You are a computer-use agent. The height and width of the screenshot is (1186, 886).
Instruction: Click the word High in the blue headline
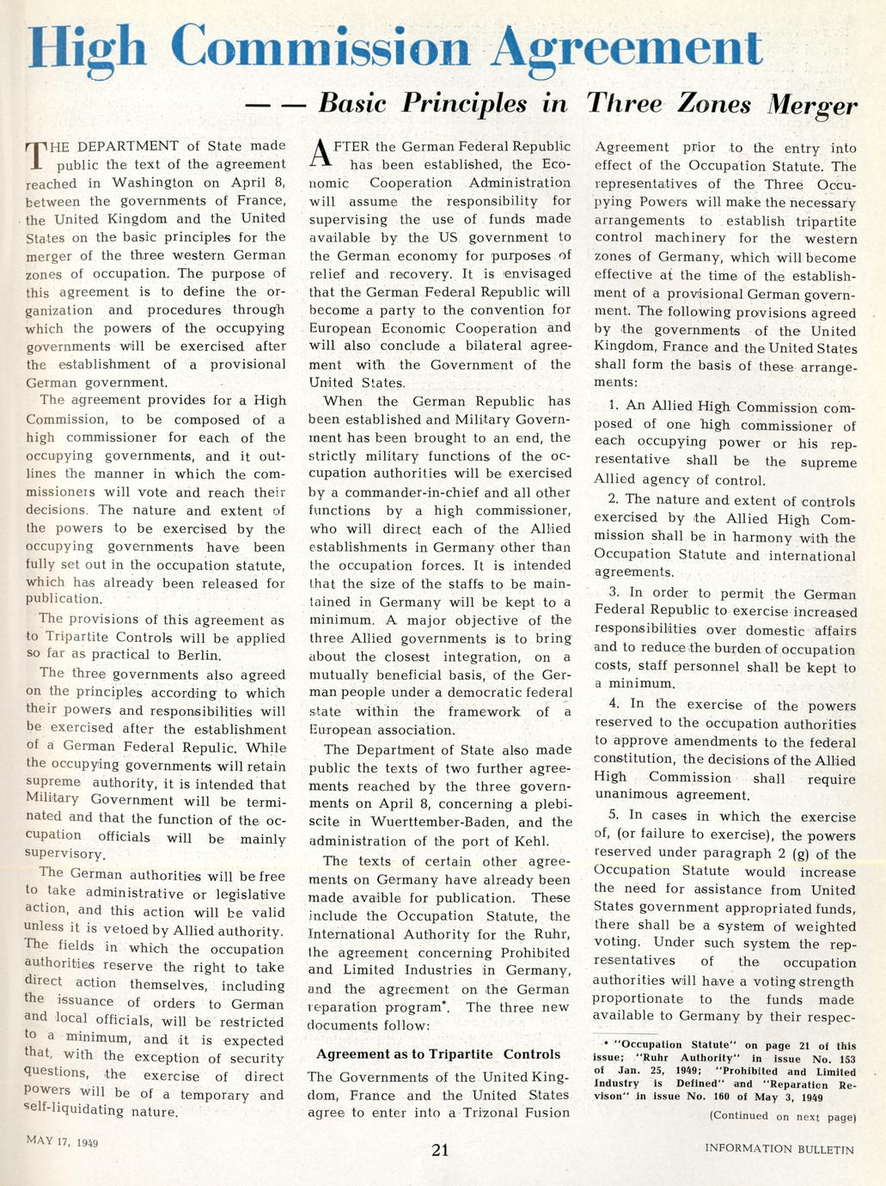(88, 47)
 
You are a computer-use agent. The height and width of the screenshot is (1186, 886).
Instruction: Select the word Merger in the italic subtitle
(812, 105)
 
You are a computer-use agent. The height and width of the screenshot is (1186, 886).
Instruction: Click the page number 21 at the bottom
(440, 1150)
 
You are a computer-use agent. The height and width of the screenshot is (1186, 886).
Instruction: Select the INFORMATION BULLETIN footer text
(779, 1148)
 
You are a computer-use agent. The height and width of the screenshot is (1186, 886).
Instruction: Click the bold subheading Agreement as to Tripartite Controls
(438, 1054)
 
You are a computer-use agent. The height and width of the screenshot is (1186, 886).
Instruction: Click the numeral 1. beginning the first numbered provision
(614, 407)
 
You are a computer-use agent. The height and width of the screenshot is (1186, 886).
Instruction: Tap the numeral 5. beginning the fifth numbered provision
(614, 816)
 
